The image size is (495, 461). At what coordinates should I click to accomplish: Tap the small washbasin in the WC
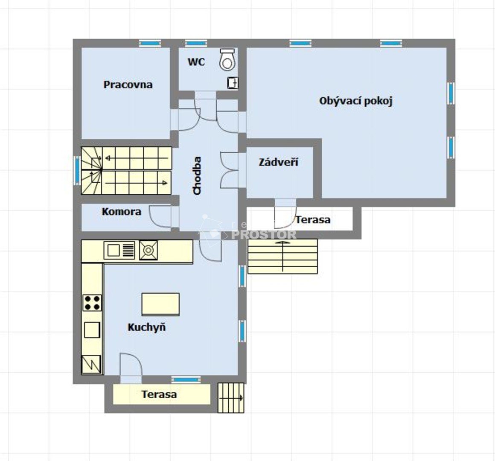(233, 83)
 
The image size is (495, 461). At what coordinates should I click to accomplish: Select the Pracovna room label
(128, 85)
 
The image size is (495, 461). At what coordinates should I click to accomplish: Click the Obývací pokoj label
(356, 101)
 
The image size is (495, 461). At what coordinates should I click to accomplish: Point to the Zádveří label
(278, 162)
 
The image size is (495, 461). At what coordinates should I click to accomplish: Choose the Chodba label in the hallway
(197, 175)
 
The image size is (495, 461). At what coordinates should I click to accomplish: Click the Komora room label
(121, 212)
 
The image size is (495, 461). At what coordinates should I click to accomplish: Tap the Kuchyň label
(146, 327)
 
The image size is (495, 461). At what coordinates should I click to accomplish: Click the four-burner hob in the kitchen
(92, 303)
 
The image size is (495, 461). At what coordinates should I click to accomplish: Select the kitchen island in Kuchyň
(160, 304)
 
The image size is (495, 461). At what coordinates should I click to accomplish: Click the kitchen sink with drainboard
(119, 250)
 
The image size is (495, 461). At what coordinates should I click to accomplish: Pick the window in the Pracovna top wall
(150, 43)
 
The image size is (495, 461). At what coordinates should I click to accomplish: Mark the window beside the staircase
(77, 170)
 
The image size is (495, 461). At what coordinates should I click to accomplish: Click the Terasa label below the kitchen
(159, 394)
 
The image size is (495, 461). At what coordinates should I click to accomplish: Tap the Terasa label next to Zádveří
(313, 220)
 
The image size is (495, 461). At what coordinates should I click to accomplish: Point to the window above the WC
(196, 43)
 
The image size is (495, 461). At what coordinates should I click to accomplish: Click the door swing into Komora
(160, 216)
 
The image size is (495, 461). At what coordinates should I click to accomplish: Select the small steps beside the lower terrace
(231, 398)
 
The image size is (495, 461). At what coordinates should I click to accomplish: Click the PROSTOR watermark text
(264, 235)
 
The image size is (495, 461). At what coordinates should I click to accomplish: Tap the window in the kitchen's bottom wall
(186, 379)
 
